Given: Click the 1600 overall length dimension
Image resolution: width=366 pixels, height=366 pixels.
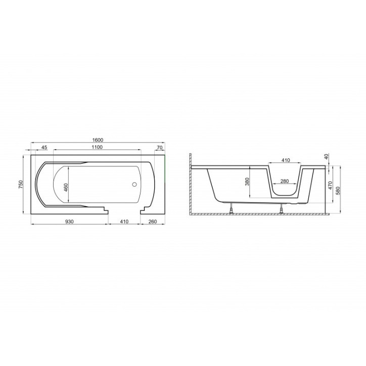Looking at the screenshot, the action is click(x=98, y=140).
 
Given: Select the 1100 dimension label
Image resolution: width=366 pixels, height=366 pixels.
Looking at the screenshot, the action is click(x=97, y=147).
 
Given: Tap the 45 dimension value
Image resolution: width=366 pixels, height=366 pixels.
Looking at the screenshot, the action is click(x=44, y=147).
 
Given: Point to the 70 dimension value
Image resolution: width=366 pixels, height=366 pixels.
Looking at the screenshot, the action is click(x=159, y=147).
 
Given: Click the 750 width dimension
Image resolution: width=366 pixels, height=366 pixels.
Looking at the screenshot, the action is click(x=21, y=185).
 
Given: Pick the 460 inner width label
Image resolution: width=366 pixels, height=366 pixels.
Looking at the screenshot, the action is click(x=66, y=188).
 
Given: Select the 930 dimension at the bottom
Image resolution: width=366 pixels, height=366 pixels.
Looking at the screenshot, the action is click(x=69, y=221).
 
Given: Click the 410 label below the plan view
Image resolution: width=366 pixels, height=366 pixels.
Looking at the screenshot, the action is click(x=124, y=221).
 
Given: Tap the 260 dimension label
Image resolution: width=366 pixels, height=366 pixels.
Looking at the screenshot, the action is click(x=153, y=221).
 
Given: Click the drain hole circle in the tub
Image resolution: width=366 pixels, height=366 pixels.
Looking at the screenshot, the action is click(x=134, y=184).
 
